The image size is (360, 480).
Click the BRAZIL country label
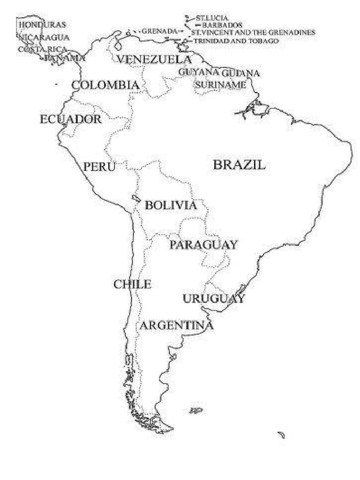(239, 165)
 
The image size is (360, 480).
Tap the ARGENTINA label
(177, 325)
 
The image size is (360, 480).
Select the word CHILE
(132, 284)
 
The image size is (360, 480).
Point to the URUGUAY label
(214, 299)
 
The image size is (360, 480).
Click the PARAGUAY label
(203, 245)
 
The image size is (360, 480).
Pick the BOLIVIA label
(170, 205)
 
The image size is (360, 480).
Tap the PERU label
(99, 166)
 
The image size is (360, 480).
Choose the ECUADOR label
(70, 119)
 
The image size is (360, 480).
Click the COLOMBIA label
(105, 85)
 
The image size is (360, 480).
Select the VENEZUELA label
(154, 60)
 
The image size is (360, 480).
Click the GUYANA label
(198, 72)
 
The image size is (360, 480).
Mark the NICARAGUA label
(44, 37)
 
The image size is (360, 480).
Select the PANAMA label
(65, 58)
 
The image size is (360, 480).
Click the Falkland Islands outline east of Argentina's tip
(196, 411)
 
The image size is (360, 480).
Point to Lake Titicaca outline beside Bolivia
(136, 198)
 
